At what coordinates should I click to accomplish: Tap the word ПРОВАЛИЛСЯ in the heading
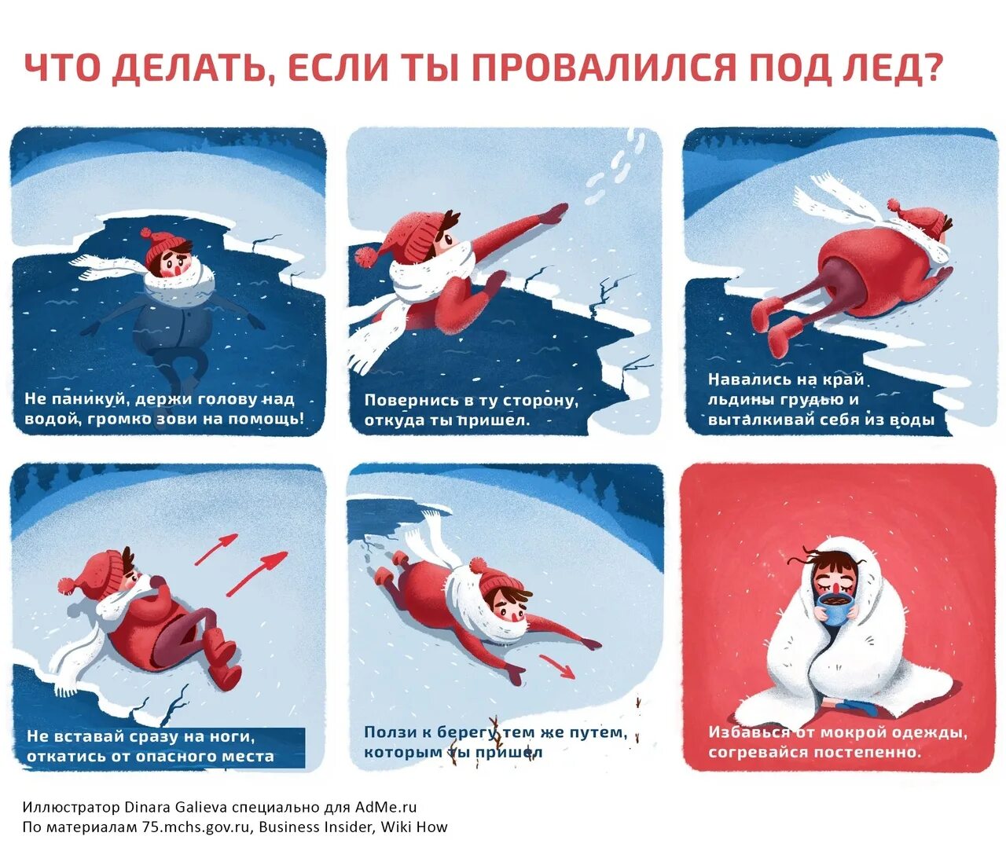point(604,68)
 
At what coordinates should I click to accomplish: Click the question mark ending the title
point(933,68)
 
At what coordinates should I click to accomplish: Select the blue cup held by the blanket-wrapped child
point(835,607)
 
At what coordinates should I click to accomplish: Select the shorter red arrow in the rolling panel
point(216,549)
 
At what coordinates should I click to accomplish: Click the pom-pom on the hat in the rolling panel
point(68,585)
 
